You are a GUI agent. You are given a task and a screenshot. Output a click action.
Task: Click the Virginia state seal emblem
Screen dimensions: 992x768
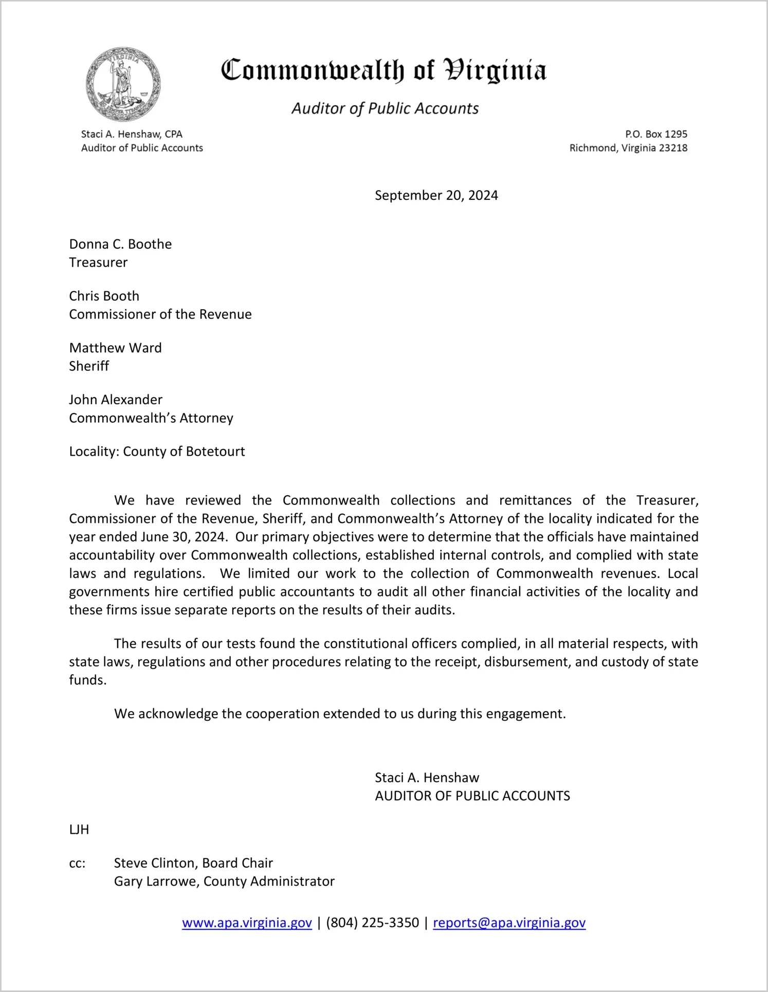click(x=123, y=84)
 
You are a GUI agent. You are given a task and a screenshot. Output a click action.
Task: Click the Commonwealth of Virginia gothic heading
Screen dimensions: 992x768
click(x=383, y=70)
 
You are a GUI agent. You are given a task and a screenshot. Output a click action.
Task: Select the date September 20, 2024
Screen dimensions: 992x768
click(x=436, y=195)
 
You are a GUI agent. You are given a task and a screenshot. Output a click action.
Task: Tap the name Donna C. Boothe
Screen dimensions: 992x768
click(x=120, y=244)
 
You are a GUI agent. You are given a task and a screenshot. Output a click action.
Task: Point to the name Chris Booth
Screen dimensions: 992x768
click(x=104, y=296)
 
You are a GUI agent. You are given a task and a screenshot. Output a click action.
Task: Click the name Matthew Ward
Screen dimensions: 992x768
click(x=115, y=348)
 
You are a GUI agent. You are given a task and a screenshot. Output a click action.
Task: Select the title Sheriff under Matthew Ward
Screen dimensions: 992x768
click(x=89, y=366)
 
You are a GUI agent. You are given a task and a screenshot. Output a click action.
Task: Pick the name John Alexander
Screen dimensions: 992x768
click(x=116, y=400)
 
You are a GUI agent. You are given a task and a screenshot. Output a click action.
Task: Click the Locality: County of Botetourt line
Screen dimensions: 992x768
click(x=157, y=452)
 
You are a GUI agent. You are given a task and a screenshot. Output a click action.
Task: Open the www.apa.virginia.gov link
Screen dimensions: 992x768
click(x=247, y=923)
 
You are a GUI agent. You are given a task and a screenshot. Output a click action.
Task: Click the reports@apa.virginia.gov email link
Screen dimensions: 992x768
click(x=509, y=923)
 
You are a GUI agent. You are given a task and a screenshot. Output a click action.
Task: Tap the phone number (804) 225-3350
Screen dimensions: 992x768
click(x=372, y=923)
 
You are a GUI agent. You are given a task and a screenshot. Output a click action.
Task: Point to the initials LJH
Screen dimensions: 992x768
click(x=79, y=830)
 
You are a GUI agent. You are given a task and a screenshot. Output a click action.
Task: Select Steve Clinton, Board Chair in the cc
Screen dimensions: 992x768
click(x=193, y=863)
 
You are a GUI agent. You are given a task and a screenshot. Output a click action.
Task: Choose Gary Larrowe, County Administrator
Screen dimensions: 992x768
click(x=224, y=882)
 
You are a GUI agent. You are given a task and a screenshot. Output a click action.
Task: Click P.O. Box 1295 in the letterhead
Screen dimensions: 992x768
click(x=656, y=134)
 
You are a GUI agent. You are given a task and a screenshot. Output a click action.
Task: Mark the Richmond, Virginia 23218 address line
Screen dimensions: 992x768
click(x=628, y=148)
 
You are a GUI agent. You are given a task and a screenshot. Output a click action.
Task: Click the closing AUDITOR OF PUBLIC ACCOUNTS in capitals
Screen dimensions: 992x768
click(x=472, y=796)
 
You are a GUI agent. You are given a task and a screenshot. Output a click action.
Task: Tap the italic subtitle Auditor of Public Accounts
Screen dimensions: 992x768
click(x=385, y=108)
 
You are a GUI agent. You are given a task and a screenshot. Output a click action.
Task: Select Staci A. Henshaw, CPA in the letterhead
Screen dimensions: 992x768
click(x=132, y=134)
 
